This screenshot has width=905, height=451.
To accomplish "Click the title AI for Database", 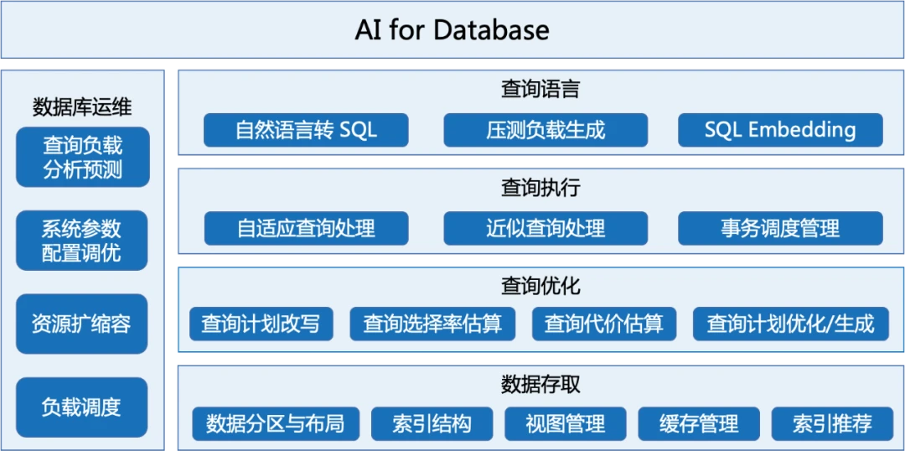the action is point(452,30).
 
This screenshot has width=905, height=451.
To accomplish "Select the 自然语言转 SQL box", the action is point(306,130).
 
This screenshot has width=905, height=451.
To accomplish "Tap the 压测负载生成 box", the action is point(546,130).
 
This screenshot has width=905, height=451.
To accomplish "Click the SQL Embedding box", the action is point(780,130).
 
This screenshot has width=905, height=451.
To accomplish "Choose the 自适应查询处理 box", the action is point(306,228).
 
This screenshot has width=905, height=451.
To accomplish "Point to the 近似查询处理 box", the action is point(546,228).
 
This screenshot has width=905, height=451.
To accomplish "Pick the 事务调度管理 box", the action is point(780,228).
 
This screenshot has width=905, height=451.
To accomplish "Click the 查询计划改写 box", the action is point(261,324).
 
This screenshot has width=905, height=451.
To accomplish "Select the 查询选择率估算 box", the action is point(432,324).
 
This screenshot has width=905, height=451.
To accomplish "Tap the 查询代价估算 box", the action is point(603,324).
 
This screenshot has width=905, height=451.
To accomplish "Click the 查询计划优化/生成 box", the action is point(791,324).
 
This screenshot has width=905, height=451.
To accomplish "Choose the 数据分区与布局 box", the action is point(276,424).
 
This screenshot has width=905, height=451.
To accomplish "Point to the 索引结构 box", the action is point(432,424).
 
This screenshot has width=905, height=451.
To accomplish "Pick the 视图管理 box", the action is point(566,424).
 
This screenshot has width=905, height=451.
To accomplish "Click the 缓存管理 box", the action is point(699,424).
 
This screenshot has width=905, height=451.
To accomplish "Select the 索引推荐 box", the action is point(832,424).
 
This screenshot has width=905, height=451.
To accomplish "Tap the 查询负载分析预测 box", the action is point(82,157).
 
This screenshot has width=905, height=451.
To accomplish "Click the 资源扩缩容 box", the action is point(82,324).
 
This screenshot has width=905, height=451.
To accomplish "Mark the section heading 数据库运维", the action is point(82,106).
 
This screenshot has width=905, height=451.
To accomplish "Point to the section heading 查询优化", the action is point(540,285).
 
